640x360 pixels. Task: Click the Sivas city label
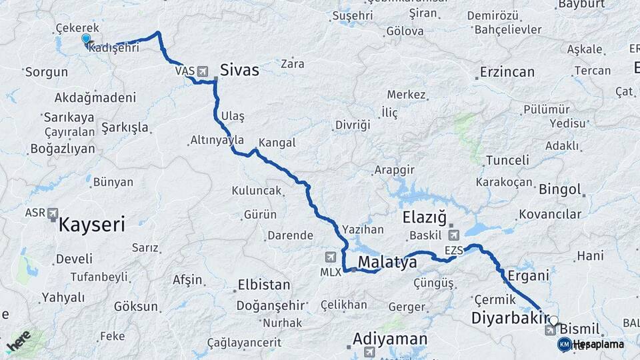(x=239, y=70)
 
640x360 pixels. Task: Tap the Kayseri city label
(x=92, y=225)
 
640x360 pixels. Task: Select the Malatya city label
(x=387, y=262)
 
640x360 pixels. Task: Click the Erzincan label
(x=508, y=72)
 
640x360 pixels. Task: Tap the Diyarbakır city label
(x=510, y=318)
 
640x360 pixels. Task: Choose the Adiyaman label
(x=390, y=339)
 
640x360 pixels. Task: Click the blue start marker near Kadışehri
(x=86, y=39)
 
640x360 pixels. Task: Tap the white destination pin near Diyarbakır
(x=553, y=321)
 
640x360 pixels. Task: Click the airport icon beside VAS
(x=203, y=71)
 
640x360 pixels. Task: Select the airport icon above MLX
(x=331, y=257)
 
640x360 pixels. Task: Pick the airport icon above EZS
(x=453, y=235)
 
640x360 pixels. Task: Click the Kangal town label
(x=277, y=143)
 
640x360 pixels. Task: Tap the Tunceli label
(x=507, y=160)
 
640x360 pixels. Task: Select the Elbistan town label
(x=264, y=285)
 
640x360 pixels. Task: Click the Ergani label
(x=528, y=275)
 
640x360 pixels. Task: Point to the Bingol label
(x=561, y=189)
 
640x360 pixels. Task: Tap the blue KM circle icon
(x=564, y=344)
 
